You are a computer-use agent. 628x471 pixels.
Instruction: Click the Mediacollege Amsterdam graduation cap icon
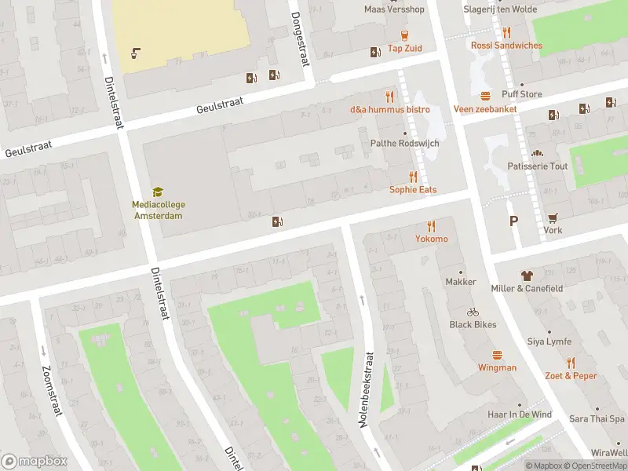(157, 192)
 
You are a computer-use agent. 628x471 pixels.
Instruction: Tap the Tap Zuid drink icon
(404, 35)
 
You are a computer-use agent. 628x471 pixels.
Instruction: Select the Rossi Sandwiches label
(506, 46)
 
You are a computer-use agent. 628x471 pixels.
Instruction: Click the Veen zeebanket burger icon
(485, 96)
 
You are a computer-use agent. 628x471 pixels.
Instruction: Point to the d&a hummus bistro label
(389, 109)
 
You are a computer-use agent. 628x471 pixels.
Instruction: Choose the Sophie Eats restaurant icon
(413, 177)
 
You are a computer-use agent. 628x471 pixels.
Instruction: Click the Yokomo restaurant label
(432, 239)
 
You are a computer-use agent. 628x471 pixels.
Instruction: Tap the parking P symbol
(513, 221)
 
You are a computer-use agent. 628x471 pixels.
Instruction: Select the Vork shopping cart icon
(553, 217)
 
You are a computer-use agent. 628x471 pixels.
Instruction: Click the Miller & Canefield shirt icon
(527, 276)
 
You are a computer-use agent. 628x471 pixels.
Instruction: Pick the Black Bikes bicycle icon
(473, 312)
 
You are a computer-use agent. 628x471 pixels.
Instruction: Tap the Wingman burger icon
(497, 355)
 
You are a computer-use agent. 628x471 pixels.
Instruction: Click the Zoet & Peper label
(571, 375)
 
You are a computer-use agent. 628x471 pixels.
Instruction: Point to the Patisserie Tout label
(538, 166)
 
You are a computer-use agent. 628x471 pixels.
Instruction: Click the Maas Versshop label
(394, 9)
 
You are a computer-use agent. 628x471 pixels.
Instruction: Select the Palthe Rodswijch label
(404, 144)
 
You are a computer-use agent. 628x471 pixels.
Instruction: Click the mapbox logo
(35, 462)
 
